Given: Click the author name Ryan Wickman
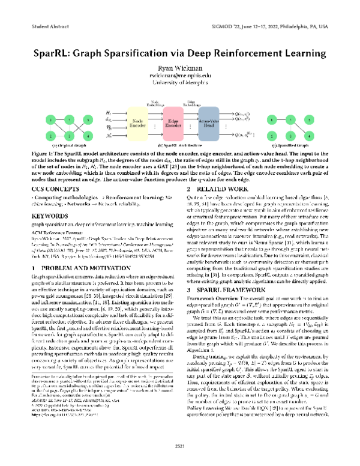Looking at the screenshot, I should (180, 69).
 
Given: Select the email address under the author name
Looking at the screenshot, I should (180, 77).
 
